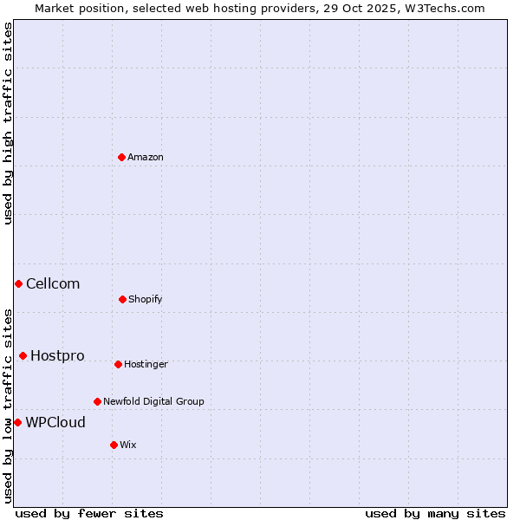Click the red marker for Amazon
tap(122, 157)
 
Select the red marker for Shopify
tap(122, 299)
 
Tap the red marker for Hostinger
tap(118, 364)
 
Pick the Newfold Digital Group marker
tap(97, 401)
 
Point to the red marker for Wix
tap(114, 445)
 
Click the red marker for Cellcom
tap(18, 283)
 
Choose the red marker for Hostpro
tap(23, 355)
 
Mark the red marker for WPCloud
tap(17, 422)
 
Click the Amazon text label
tap(146, 157)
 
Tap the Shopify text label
tap(146, 299)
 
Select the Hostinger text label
tap(146, 364)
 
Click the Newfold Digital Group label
tap(153, 401)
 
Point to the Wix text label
tap(128, 445)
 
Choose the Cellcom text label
tap(53, 283)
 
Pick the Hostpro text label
tap(57, 355)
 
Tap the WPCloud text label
tap(55, 422)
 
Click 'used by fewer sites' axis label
tap(89, 513)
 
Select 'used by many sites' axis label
tap(435, 513)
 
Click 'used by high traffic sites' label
tap(8, 123)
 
